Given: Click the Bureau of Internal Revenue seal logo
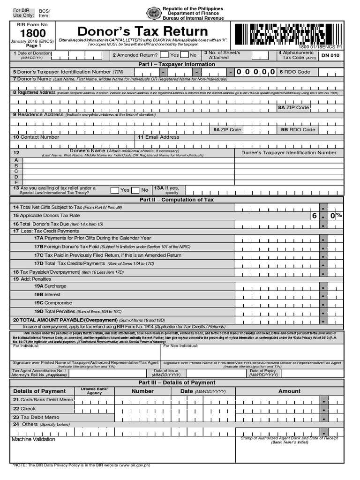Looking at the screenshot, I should [153, 13].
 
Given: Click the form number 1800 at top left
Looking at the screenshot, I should [33, 33].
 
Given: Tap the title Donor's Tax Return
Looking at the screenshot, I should [142, 31].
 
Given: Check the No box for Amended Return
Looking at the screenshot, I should [185, 55].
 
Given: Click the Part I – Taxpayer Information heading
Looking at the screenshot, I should [177, 64].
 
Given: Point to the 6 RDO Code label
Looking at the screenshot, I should [295, 72].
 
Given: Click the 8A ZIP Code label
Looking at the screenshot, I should [293, 107].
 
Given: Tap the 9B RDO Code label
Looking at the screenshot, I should [298, 129].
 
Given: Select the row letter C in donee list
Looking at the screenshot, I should [16, 171].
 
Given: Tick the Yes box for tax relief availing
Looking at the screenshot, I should [115, 190].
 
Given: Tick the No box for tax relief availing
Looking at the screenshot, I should [135, 190].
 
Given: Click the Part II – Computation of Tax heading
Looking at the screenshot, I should [177, 200].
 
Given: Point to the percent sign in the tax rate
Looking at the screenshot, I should [339, 216].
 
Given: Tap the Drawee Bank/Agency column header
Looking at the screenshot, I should [94, 391].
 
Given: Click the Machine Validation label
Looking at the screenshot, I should [33, 439].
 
